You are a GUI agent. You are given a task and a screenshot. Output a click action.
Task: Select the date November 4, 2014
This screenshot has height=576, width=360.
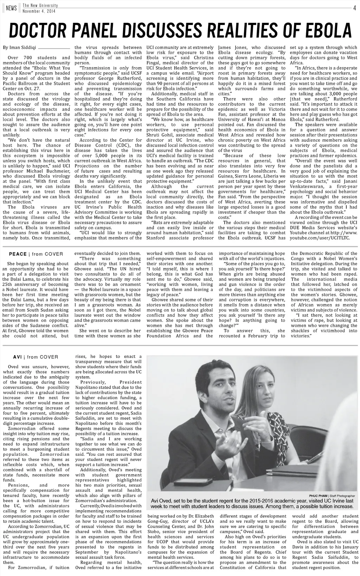(x=39, y=11)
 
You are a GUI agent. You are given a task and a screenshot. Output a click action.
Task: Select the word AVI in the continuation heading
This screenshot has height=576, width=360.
(x=18, y=357)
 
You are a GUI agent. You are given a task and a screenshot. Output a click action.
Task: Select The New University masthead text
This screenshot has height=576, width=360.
(x=40, y=6)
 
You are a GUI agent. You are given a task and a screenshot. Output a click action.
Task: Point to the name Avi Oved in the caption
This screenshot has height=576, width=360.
(x=161, y=501)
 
